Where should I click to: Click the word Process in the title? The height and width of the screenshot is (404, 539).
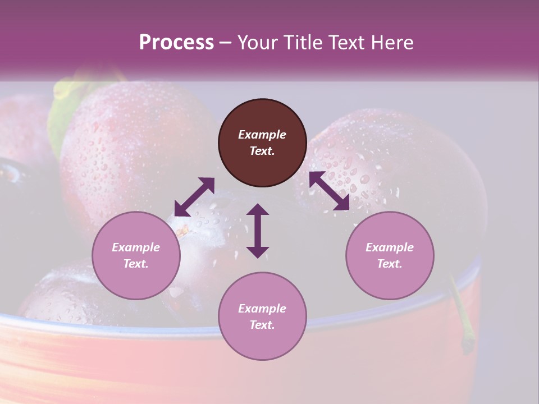point(176,43)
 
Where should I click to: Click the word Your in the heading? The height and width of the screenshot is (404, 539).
point(258,43)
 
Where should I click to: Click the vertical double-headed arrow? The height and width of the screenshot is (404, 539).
point(258,230)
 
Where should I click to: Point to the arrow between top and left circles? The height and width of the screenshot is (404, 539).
point(194,196)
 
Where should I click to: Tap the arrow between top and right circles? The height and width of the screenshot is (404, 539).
point(330,191)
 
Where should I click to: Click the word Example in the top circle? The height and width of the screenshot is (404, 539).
point(262,135)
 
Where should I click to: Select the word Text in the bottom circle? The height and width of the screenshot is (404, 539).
point(262,325)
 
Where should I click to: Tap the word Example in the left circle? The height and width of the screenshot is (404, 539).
point(136,247)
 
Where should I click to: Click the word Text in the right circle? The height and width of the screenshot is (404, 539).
point(390,264)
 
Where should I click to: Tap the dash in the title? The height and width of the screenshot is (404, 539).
point(226,43)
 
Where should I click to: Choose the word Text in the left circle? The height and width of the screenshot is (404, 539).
point(136,264)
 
